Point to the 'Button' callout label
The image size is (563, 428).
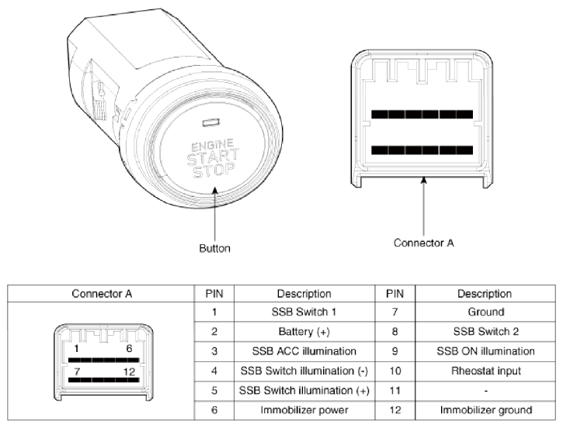point(214,249)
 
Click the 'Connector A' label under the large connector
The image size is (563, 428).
point(423,242)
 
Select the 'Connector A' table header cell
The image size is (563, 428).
point(103,295)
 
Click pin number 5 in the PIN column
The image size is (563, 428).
point(213,389)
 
